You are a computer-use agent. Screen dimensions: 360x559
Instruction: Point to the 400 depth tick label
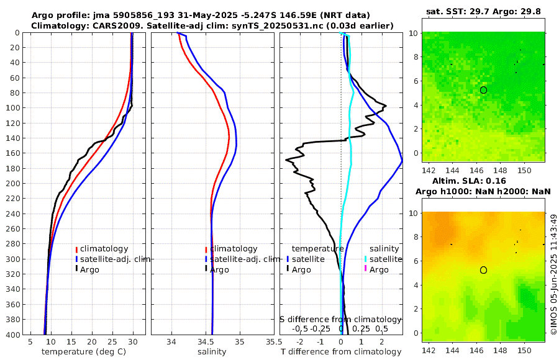click(x=12, y=335)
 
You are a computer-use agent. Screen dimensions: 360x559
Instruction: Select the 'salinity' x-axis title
click(x=212, y=352)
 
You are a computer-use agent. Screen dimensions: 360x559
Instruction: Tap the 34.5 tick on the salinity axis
click(x=212, y=341)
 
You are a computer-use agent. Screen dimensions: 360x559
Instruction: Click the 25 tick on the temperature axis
click(x=112, y=341)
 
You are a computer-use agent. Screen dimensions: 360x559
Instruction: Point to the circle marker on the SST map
click(x=483, y=90)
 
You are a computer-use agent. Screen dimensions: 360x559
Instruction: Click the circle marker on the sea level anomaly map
click(x=483, y=270)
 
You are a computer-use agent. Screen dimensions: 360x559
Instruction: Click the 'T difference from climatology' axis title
click(x=341, y=352)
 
